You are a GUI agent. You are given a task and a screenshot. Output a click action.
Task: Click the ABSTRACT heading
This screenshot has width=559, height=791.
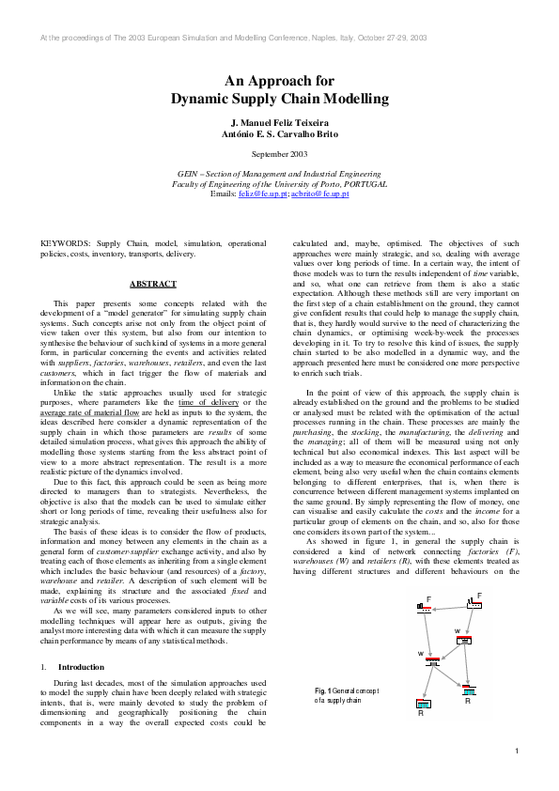tap(151, 283)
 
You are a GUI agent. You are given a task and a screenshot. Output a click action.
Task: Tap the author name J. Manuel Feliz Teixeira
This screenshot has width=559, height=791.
tap(279, 124)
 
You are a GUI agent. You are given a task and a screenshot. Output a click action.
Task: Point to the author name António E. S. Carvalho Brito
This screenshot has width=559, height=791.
tap(279, 135)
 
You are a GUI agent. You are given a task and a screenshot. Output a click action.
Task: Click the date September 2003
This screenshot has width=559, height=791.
tap(279, 153)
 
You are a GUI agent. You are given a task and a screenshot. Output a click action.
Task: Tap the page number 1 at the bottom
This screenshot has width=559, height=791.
tap(517, 751)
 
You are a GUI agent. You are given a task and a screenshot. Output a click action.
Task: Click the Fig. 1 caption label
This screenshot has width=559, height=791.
tap(325, 690)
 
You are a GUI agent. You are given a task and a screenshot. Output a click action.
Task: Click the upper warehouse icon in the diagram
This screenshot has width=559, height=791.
tap(463, 640)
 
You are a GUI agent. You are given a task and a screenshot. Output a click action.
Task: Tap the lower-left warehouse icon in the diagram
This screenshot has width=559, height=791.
tap(432, 661)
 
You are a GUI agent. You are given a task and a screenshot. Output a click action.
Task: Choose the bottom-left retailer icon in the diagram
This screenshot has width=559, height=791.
tap(423, 704)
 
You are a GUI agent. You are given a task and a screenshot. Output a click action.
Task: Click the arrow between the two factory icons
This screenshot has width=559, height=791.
tap(451, 606)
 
